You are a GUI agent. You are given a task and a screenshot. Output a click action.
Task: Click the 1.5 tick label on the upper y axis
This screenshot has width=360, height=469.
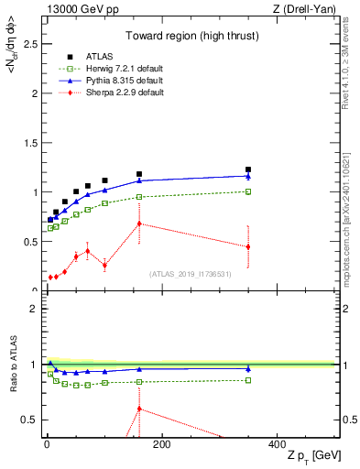pos(30,143)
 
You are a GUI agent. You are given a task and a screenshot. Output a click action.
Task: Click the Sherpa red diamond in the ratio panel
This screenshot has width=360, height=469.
pos(139,409)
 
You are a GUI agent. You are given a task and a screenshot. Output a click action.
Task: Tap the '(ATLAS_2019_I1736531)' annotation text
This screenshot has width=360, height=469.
pos(190,273)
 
